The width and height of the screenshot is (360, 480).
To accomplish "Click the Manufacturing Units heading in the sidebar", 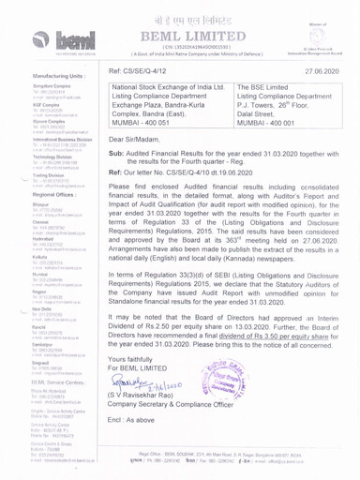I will pos(35,71).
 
